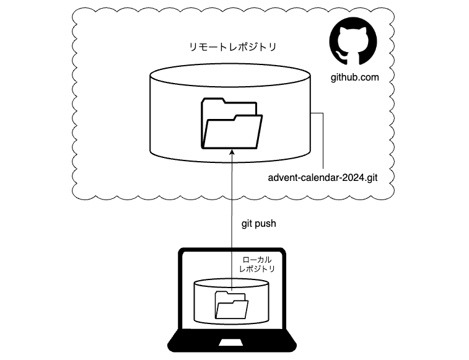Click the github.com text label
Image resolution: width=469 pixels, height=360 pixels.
(354, 77)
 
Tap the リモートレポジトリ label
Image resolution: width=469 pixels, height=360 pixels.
(232, 47)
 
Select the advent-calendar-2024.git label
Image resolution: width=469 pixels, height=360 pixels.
(323, 178)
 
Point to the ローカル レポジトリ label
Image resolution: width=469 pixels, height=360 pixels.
(256, 263)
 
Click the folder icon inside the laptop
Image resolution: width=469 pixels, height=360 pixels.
(231, 304)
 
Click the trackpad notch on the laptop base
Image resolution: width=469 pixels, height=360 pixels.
(231, 341)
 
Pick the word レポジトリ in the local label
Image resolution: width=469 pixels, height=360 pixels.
(256, 270)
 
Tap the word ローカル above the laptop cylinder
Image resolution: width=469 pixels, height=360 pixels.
(256, 257)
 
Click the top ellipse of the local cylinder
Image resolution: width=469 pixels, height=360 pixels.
(231, 284)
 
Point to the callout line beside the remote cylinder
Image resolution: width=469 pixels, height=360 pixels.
(322, 143)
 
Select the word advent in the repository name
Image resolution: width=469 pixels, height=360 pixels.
(282, 178)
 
